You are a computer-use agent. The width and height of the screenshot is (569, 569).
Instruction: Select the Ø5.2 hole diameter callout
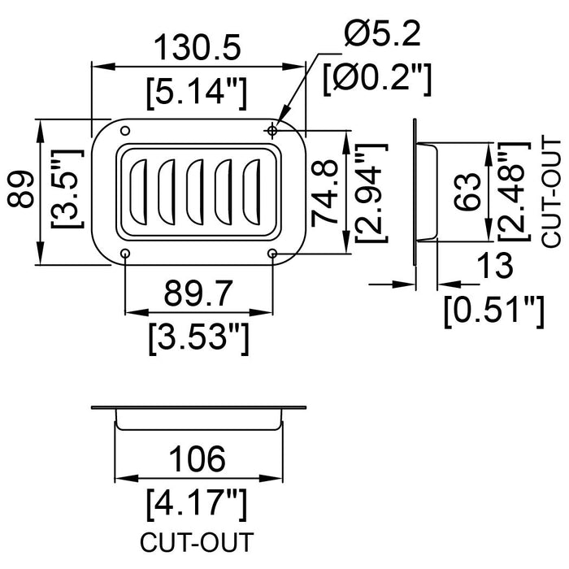pyautogui.click(x=381, y=34)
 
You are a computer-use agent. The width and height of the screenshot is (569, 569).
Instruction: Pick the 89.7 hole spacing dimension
pyautogui.click(x=198, y=290)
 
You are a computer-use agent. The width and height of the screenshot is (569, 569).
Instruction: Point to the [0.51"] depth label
pyautogui.click(x=494, y=311)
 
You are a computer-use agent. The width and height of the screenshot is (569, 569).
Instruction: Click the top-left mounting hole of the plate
pyautogui.click(x=124, y=132)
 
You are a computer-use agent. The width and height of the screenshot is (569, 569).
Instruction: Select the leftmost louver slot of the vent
pyautogui.click(x=138, y=192)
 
